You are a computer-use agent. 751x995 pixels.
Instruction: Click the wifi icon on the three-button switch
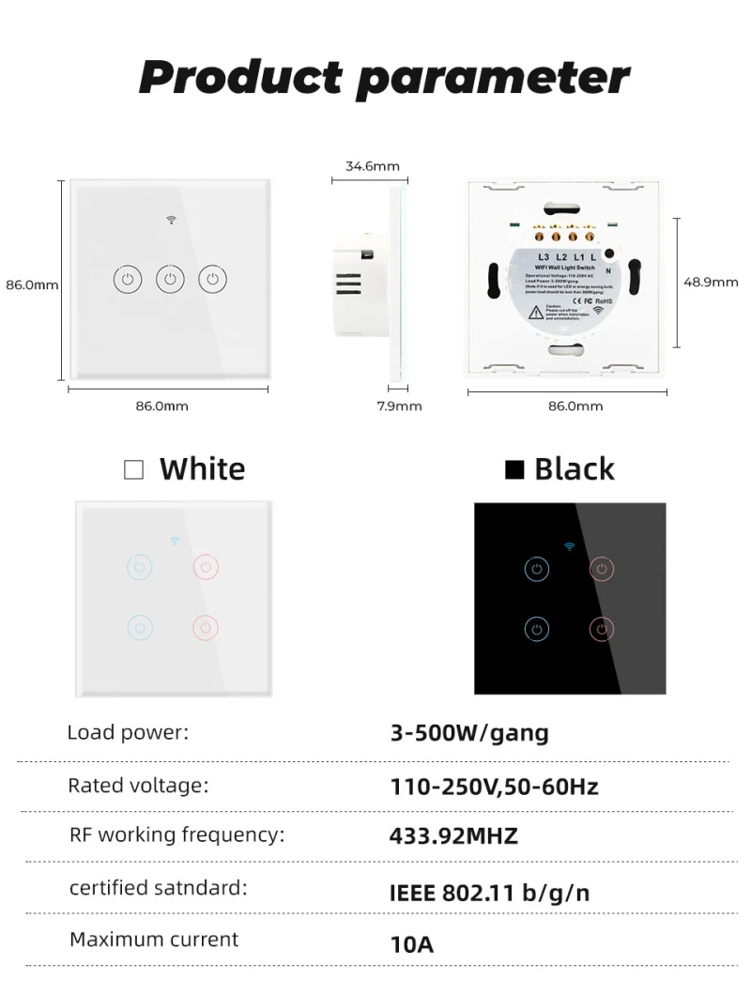click(172, 221)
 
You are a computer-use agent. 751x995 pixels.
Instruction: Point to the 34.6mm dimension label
click(372, 166)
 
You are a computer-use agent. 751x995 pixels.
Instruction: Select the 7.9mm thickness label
click(399, 406)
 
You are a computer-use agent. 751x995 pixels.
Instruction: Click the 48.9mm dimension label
click(711, 281)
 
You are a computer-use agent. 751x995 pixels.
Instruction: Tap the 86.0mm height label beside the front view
click(32, 284)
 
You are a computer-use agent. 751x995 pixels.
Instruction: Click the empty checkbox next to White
click(134, 469)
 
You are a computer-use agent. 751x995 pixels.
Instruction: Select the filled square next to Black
click(513, 469)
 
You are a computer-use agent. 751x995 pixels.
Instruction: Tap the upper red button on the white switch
click(207, 567)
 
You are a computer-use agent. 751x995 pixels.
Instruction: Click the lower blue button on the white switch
click(139, 627)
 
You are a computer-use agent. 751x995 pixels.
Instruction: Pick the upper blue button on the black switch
click(536, 569)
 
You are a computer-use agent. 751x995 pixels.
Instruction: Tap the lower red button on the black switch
click(603, 629)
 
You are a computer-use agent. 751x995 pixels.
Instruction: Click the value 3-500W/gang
click(469, 733)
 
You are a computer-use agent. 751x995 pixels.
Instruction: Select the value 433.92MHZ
click(453, 835)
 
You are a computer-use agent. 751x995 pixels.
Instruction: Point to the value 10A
click(411, 943)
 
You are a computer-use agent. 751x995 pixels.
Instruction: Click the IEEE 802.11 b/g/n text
click(489, 892)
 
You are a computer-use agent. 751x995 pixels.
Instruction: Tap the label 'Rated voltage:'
click(138, 785)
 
